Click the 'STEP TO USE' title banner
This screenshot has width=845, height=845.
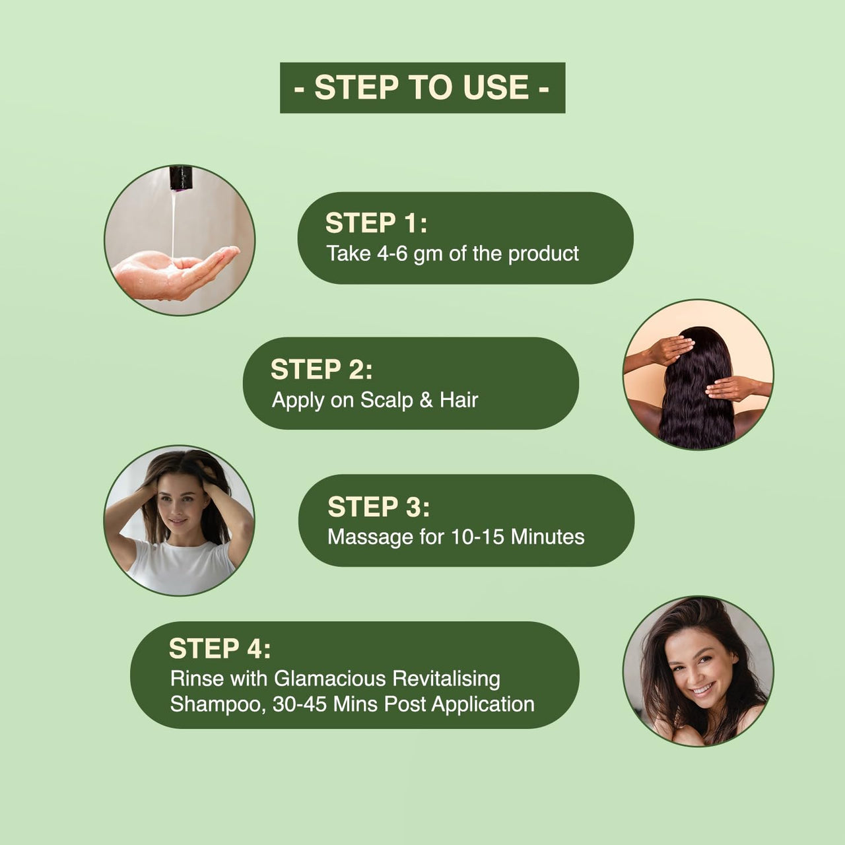coord(422,88)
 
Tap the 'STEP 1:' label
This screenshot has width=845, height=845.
coord(376,222)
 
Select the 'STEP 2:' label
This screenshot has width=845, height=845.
coord(321,369)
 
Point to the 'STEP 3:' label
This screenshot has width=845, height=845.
coord(379,506)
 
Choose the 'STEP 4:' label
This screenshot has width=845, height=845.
coord(220,648)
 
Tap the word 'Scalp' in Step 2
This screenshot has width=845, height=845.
coord(387,400)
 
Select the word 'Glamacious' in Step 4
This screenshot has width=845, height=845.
coord(330,679)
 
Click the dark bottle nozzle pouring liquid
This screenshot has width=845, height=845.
coord(182,178)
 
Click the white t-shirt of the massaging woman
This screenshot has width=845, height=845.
coord(181,566)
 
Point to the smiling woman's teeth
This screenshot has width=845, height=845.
coord(704,690)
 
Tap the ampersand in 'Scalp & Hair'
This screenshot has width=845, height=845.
coord(426,400)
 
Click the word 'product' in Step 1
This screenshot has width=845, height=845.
coord(543,254)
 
